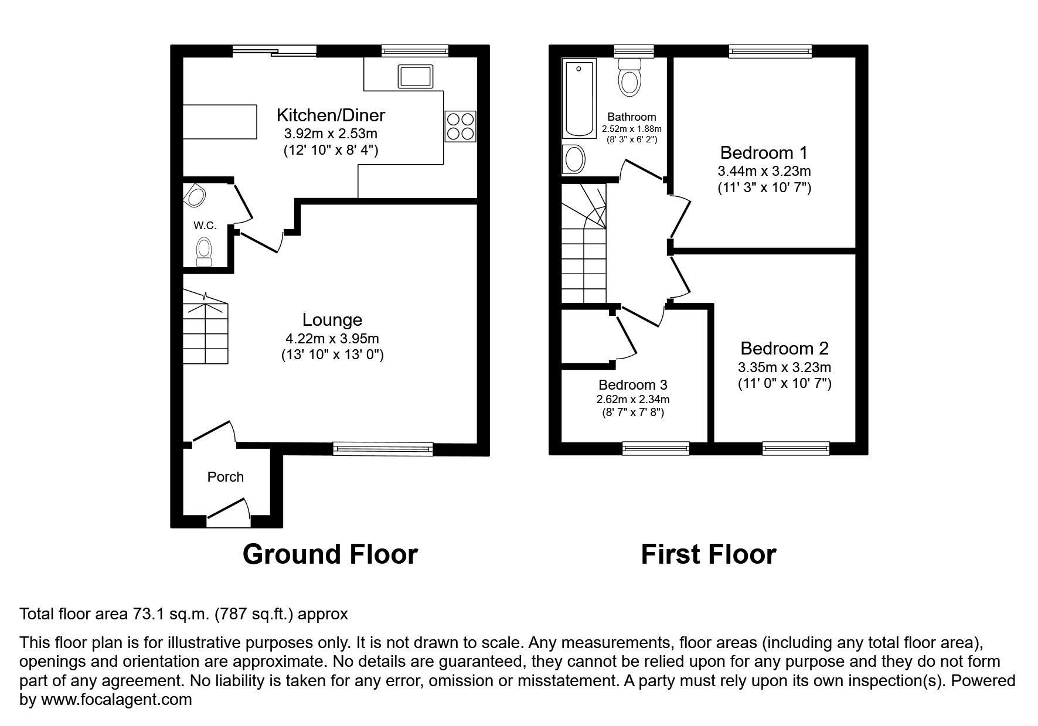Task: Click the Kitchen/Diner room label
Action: [x=331, y=115]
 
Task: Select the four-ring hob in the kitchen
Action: [x=460, y=126]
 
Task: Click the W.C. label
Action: [x=205, y=226]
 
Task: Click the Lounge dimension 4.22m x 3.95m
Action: [x=332, y=339]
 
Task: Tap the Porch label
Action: [x=225, y=477]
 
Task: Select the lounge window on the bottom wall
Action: [x=383, y=449]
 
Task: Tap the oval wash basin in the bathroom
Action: [x=574, y=159]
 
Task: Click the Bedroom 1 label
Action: [x=763, y=153]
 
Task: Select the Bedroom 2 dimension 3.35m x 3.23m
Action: [x=784, y=368]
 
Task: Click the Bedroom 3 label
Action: [x=632, y=385]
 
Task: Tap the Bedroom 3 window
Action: [x=655, y=449]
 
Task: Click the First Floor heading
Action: [x=708, y=554]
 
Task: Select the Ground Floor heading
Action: [x=330, y=554]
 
